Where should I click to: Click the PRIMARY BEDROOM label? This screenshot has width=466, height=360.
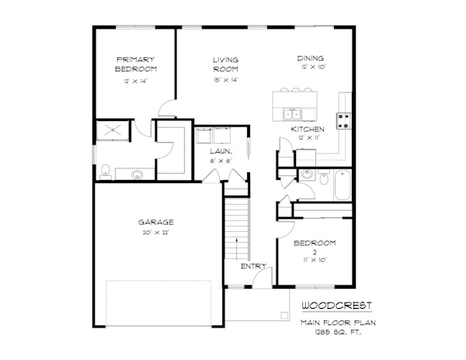click(x=135, y=64)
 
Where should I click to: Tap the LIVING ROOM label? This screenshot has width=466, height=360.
click(x=225, y=64)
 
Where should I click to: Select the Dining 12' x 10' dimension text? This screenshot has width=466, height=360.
click(x=314, y=67)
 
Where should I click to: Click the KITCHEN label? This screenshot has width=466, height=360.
click(x=308, y=129)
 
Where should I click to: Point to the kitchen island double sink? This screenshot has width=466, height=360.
click(x=292, y=114)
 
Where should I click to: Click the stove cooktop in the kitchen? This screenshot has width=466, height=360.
click(x=343, y=121)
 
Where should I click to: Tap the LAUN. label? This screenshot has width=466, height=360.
click(x=221, y=151)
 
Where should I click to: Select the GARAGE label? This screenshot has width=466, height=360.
click(x=156, y=222)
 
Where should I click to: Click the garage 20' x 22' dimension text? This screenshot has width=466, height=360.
click(x=156, y=233)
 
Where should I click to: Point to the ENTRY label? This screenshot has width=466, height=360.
click(x=253, y=266)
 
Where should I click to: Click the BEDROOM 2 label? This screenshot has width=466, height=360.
click(x=315, y=247)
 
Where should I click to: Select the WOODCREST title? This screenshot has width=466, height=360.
click(x=337, y=306)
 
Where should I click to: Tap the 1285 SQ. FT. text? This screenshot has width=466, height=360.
click(x=338, y=332)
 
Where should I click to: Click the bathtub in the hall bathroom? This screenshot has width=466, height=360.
click(x=343, y=185)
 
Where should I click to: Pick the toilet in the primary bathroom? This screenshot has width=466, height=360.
click(x=105, y=172)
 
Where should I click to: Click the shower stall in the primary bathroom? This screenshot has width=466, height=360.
click(x=113, y=130)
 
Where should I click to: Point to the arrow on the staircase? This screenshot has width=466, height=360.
click(x=237, y=249)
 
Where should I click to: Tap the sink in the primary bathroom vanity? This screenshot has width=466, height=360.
click(x=137, y=175)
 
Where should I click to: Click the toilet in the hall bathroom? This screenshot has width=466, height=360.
click(x=324, y=178)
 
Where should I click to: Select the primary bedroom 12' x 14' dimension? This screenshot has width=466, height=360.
click(x=135, y=81)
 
